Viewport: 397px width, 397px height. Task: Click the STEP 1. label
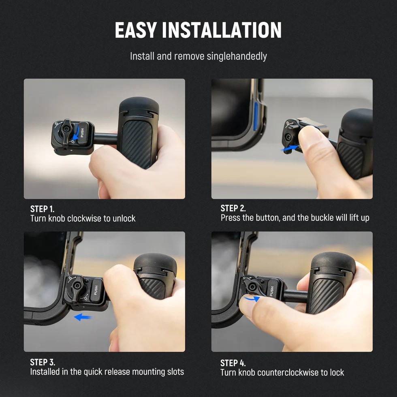point(42,209)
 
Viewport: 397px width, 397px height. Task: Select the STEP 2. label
point(233,208)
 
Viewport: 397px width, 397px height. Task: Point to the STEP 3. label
point(43,362)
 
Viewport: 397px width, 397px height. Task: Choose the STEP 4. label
point(233,363)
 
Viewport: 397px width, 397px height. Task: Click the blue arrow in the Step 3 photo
point(83,317)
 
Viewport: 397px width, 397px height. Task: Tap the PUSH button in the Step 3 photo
point(96,290)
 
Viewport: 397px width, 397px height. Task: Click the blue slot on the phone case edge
point(256,116)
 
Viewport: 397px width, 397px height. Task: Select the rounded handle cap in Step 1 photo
point(139,106)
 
